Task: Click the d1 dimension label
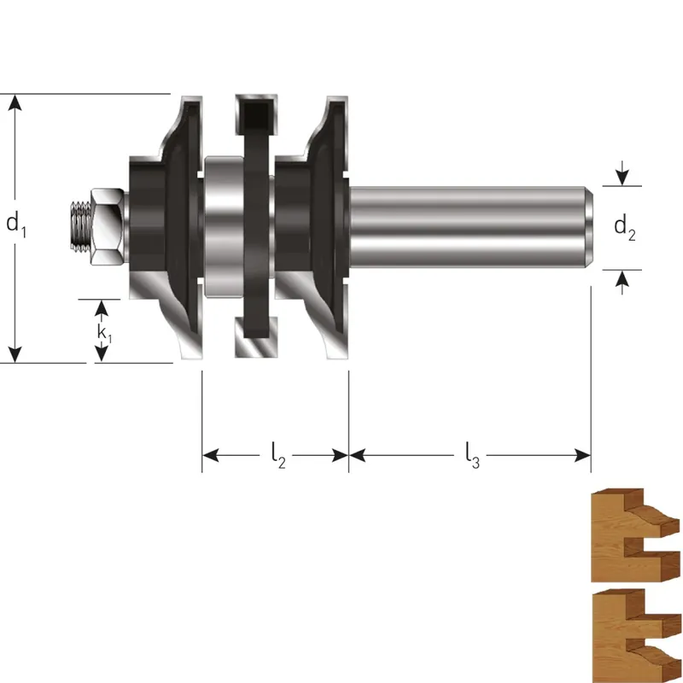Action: (16, 225)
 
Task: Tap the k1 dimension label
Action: (104, 333)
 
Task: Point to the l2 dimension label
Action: (278, 455)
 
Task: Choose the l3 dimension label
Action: (472, 455)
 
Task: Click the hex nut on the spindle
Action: (108, 226)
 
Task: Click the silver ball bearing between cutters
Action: (224, 227)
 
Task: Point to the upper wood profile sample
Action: (635, 535)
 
